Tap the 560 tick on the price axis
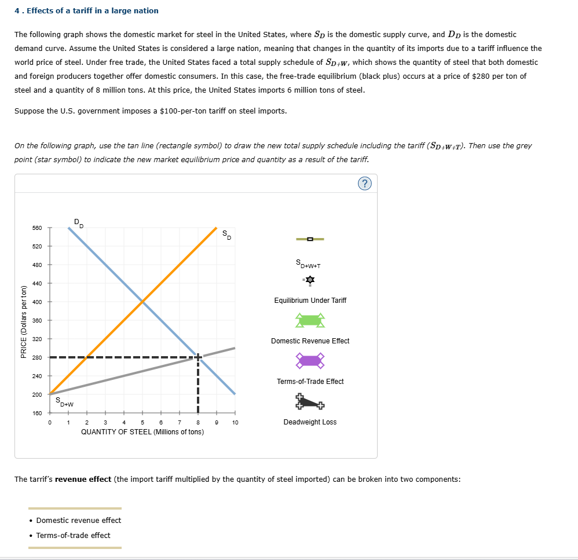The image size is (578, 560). (36, 228)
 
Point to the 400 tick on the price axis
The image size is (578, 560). (36, 302)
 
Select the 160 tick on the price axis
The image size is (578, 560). (36, 413)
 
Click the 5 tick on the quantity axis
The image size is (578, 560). (142, 423)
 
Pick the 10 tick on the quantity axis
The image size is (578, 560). (235, 423)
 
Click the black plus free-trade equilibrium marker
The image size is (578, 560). (198, 357)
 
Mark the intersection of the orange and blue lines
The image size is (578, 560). (142, 302)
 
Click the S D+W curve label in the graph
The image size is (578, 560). (64, 401)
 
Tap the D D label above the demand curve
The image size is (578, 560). (78, 222)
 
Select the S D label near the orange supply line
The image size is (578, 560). (226, 235)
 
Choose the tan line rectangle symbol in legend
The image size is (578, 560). (310, 239)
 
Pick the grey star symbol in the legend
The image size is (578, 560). (310, 280)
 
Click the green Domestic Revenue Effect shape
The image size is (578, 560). (310, 320)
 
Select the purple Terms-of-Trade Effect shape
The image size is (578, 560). (310, 361)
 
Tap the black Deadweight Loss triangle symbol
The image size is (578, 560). (310, 401)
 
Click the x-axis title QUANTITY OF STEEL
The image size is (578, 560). (142, 431)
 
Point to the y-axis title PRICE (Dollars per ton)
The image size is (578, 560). (24, 322)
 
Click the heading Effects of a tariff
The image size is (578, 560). (86, 10)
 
